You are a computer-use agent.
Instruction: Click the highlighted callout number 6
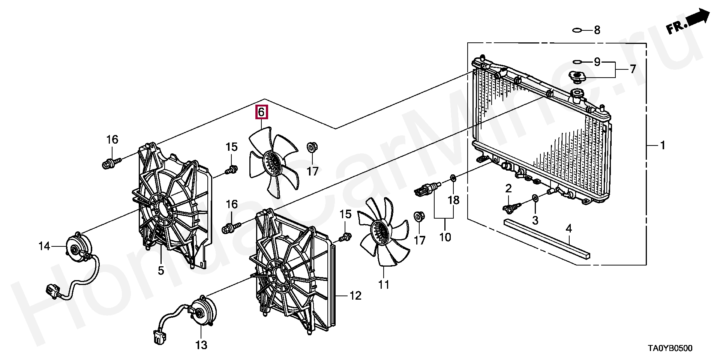(x=261, y=112)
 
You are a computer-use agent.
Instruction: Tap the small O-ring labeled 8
(x=577, y=30)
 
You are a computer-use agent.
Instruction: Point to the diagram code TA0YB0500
(x=670, y=348)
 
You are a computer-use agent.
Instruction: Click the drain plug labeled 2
(x=511, y=207)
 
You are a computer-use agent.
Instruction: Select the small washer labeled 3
(x=535, y=198)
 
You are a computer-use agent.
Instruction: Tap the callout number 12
(x=355, y=296)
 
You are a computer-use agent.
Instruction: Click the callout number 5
(x=161, y=270)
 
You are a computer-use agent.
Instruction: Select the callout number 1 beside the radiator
(x=662, y=145)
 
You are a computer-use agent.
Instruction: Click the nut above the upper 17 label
(x=311, y=147)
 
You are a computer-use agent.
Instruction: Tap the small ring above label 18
(x=453, y=177)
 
